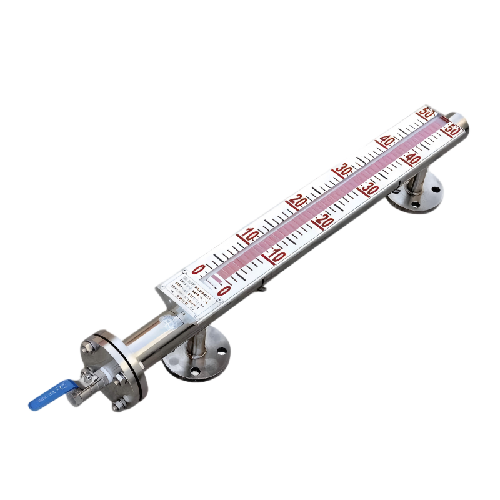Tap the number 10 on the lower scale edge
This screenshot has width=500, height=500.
[x=276, y=256]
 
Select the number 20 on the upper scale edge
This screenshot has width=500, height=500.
[x=297, y=201]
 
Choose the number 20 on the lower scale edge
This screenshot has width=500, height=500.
[x=323, y=221]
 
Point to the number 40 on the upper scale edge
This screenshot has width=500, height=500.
[x=387, y=139]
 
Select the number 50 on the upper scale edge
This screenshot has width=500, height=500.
[x=427, y=112]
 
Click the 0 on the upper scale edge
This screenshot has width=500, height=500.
[x=199, y=270]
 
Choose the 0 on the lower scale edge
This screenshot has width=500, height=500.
[x=224, y=290]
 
